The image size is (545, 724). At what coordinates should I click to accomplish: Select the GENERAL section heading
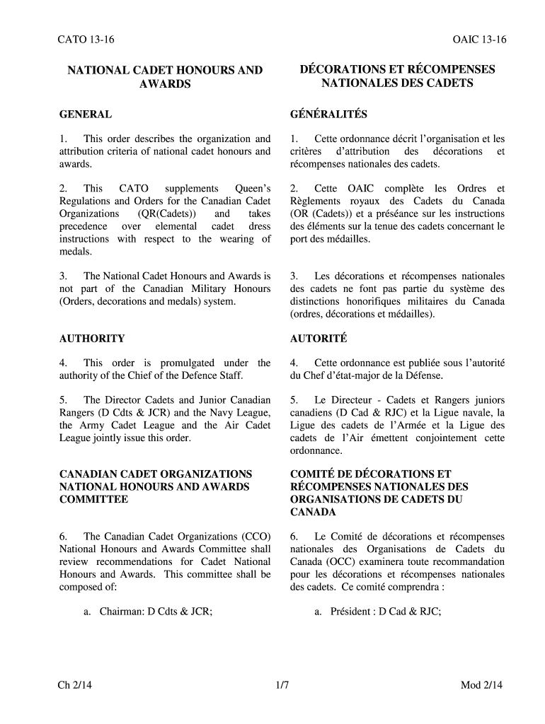click(x=85, y=114)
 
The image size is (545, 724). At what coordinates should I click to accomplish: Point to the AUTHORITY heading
click(x=92, y=339)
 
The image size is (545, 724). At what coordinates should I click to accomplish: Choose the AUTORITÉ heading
click(x=319, y=339)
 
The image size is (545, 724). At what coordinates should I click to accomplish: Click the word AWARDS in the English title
click(x=165, y=83)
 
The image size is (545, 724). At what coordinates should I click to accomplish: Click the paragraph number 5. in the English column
click(x=64, y=400)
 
